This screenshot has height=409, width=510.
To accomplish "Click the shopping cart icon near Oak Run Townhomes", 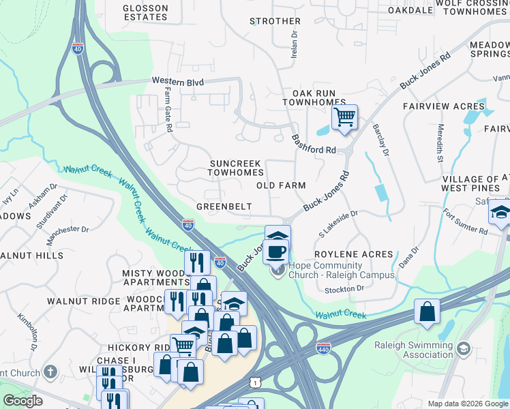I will click(x=344, y=117).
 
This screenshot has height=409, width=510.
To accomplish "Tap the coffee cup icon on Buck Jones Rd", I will click(x=276, y=252).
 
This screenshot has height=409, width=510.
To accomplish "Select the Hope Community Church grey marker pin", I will click(x=277, y=271).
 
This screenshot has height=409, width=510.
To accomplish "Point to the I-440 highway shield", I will click(x=323, y=348).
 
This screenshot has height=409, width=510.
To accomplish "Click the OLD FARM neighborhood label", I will click(x=280, y=185).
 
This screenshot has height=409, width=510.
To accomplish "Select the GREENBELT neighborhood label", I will click(x=224, y=207).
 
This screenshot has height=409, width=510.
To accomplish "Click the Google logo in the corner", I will click(x=22, y=401).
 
